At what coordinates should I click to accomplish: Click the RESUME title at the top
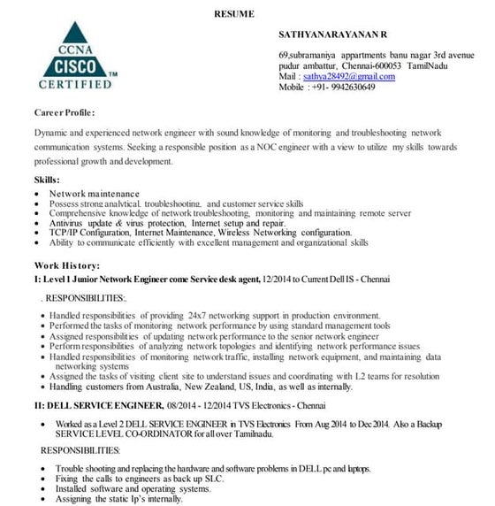click(x=234, y=13)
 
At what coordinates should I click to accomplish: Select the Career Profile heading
click(x=65, y=113)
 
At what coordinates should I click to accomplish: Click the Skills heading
click(x=47, y=180)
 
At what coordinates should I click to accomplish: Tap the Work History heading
click(x=67, y=265)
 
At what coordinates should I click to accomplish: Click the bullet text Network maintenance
click(x=94, y=194)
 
